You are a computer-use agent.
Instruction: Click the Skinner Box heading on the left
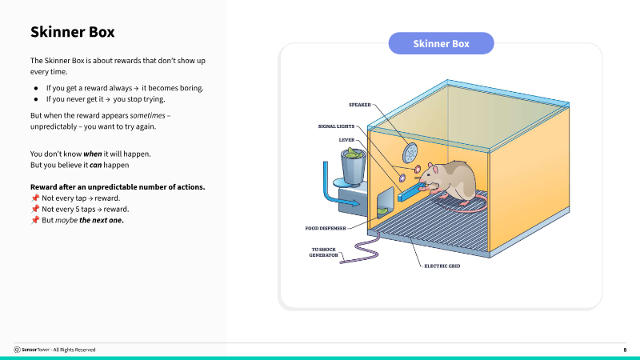(x=72, y=33)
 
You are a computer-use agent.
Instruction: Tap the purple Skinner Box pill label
(x=441, y=43)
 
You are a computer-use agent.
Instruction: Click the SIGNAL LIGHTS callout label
(x=336, y=126)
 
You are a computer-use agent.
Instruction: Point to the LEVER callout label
(x=346, y=139)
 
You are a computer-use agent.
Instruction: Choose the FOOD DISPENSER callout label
(x=326, y=228)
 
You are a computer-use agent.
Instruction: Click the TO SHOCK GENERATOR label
(x=324, y=253)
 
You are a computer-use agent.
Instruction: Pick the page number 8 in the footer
(x=625, y=350)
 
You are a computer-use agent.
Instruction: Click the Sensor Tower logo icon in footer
(x=17, y=350)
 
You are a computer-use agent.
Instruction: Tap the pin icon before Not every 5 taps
(x=34, y=208)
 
